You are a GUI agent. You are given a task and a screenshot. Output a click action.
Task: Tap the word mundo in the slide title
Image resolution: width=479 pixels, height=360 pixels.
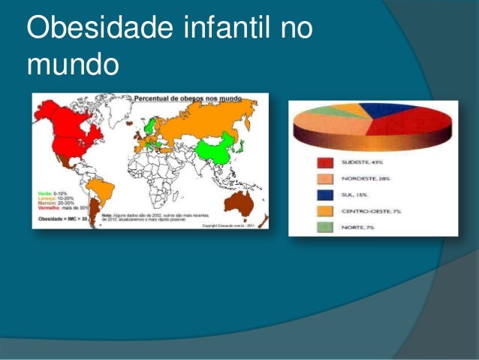pos(72,65)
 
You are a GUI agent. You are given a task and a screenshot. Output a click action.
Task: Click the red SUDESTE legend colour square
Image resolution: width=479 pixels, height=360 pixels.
pos(325,162)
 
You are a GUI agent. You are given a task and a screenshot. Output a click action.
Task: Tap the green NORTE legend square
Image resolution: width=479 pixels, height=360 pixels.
pos(325,226)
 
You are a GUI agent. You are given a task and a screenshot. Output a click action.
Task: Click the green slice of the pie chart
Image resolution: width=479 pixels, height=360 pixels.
pos(330,110)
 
